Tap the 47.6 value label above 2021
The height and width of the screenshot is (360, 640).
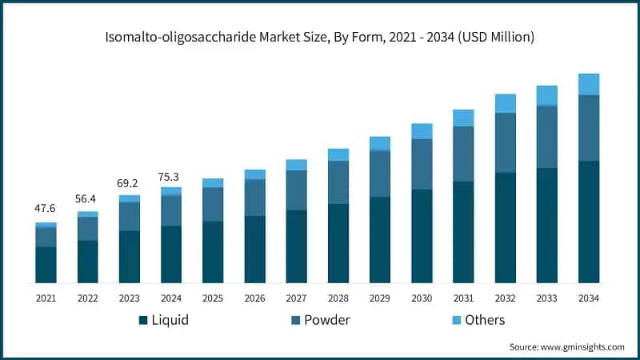[x=46, y=210]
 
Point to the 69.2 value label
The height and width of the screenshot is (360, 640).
[x=129, y=182]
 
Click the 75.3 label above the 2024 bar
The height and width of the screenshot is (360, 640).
[x=170, y=175]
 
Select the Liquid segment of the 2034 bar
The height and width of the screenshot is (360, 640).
[x=589, y=222]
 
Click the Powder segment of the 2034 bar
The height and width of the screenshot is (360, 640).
[x=589, y=128]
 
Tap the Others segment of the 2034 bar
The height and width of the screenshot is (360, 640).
[x=589, y=84]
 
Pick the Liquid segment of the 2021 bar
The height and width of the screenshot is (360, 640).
[x=46, y=264]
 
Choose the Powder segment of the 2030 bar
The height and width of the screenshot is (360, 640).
[x=422, y=164]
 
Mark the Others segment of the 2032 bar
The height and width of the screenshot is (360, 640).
[x=505, y=103]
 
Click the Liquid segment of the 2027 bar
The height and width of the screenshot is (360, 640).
[x=297, y=246]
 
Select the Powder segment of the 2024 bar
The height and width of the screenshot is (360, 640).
[x=171, y=210]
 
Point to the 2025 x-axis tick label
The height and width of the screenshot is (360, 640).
[x=213, y=298]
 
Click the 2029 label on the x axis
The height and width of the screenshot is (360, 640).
[x=380, y=298]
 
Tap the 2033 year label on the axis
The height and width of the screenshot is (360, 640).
[x=547, y=298]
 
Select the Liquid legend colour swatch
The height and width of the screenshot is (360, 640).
[x=143, y=320]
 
